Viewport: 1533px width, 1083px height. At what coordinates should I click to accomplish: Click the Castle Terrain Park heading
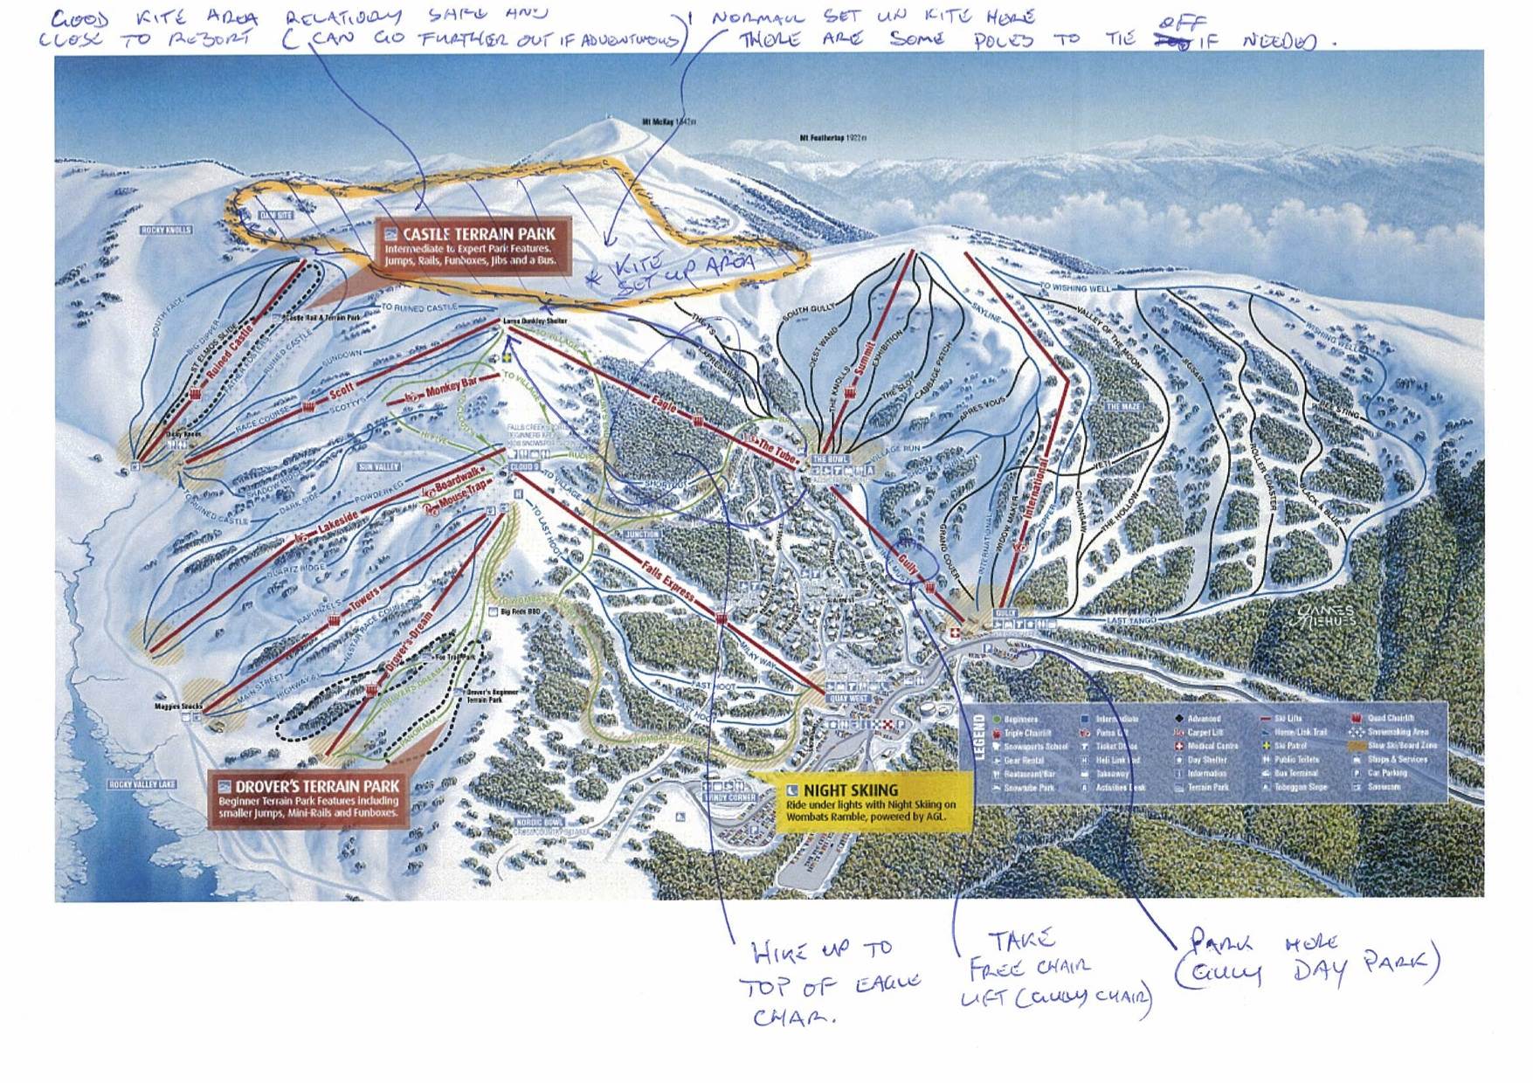coord(479,234)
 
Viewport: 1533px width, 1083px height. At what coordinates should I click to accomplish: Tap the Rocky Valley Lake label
coord(142,784)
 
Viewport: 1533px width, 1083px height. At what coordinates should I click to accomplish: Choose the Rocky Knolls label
coord(166,231)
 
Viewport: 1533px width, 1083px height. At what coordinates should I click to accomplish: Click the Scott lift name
coord(341,390)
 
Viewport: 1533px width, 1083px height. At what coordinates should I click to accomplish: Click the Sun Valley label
coord(378,467)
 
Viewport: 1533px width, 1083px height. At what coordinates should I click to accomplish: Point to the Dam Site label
coord(276,215)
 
